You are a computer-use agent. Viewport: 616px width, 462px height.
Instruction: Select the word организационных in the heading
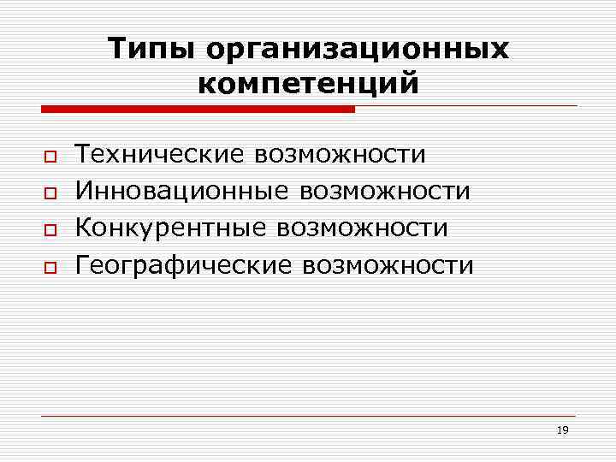(x=357, y=50)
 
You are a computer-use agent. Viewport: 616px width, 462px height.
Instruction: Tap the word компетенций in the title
(x=308, y=85)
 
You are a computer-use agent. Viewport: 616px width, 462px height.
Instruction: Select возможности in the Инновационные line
(x=384, y=191)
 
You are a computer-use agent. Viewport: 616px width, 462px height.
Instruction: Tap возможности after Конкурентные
(x=362, y=228)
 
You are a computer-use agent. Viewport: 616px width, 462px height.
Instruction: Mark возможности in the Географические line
(x=388, y=265)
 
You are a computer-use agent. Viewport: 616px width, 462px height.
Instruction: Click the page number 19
(x=562, y=429)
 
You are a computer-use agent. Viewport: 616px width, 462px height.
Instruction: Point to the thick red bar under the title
(x=198, y=109)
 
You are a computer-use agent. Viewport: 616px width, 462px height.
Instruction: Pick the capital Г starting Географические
(x=85, y=265)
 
